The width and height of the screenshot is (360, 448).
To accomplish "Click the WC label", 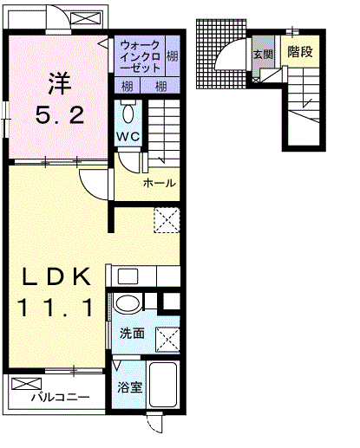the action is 128,137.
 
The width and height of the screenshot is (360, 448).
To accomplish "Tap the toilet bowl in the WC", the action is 128,114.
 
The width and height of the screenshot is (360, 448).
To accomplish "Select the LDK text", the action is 56,276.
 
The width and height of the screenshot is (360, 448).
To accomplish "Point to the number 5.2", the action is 60,115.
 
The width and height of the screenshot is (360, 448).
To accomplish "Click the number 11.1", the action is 56,308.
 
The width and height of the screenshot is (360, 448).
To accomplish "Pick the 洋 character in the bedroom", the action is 60,83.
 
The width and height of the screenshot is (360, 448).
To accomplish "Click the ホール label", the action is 160,183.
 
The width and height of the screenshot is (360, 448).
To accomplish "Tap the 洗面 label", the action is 132,334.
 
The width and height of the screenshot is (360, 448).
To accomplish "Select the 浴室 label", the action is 129,387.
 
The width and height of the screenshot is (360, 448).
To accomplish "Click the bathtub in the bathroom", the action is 162,384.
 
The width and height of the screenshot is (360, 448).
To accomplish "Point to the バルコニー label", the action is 61,398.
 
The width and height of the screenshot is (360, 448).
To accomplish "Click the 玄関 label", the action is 263,55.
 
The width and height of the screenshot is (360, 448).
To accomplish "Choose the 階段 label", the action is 300,52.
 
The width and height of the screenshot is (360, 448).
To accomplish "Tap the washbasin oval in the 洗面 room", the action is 128,303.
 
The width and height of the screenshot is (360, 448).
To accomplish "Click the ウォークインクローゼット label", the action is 140,56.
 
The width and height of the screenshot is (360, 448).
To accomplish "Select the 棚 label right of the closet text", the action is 173,55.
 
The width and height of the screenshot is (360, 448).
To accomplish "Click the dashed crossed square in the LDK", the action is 167,220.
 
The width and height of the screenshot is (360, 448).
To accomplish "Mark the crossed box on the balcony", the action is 27,384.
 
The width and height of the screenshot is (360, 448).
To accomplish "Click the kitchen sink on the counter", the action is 128,276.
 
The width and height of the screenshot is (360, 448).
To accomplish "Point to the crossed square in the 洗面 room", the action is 167,340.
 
